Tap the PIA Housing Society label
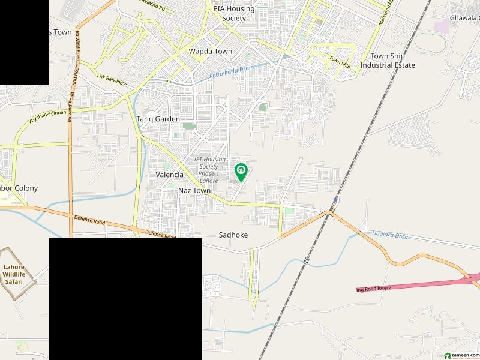tap(233, 14)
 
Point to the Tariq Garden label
tap(158, 119)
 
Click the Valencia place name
tap(169, 175)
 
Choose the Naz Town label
tap(194, 190)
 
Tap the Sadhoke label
tap(233, 235)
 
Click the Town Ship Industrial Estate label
tap(388, 61)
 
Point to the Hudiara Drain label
tap(391, 236)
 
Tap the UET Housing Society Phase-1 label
tap(209, 170)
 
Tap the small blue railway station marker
tap(335, 200)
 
